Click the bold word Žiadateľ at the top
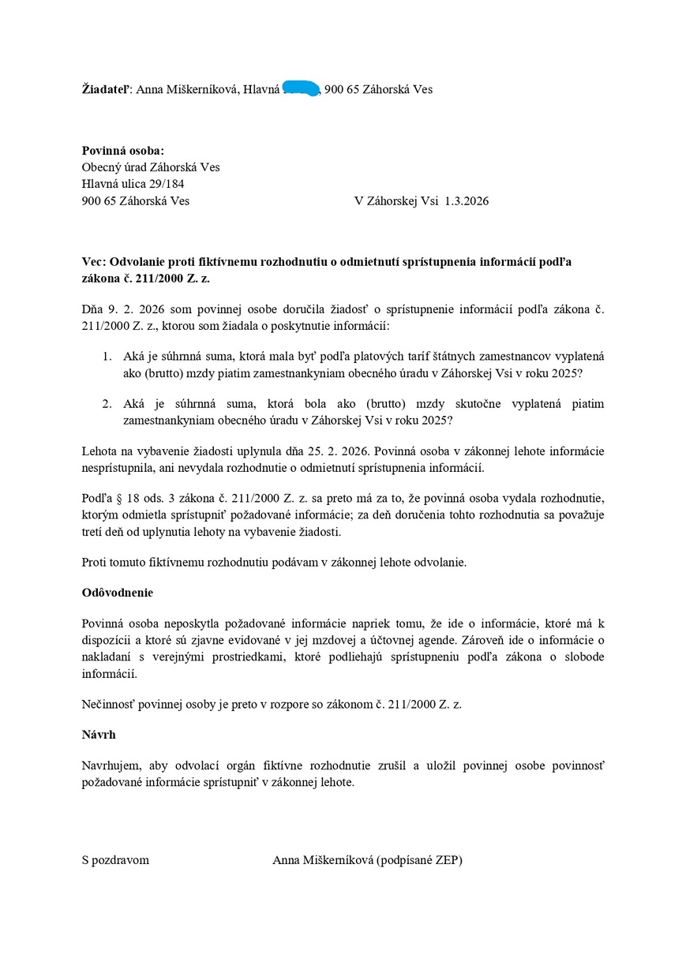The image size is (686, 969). pyautogui.click(x=107, y=89)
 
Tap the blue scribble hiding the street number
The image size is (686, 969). pyautogui.click(x=301, y=88)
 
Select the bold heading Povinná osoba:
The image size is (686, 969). pyautogui.click(x=123, y=151)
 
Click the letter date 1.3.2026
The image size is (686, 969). pyautogui.click(x=467, y=200)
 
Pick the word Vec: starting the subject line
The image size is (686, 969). pyautogui.click(x=95, y=261)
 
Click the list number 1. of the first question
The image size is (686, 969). pyautogui.click(x=107, y=357)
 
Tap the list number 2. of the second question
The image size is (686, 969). pyautogui.click(x=107, y=403)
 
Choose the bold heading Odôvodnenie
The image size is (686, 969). pyautogui.click(x=117, y=592)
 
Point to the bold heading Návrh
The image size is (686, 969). pyautogui.click(x=99, y=734)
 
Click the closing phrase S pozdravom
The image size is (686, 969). pyautogui.click(x=115, y=860)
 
